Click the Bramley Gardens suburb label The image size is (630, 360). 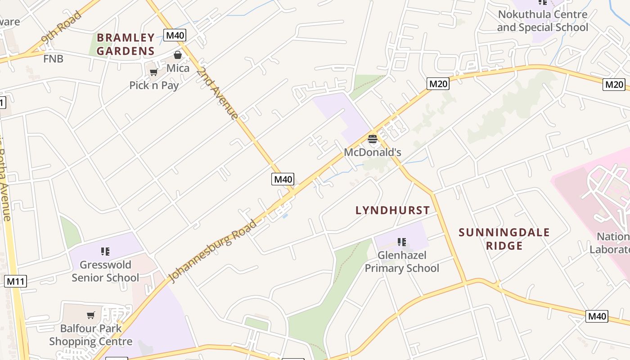coord(126,44)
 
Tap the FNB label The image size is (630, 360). coord(53,58)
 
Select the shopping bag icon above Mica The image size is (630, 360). coord(178,55)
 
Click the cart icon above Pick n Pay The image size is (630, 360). coord(153,72)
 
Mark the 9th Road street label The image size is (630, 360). coord(61,28)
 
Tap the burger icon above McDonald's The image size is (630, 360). coord(372,139)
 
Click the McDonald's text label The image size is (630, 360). coord(372,152)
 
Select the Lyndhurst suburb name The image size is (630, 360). coord(392,210)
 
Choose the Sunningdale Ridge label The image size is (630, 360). coord(504,239)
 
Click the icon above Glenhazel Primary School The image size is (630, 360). coord(402,242)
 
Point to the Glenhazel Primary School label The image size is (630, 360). coord(402,261)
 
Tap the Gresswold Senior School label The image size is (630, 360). coord(105,271)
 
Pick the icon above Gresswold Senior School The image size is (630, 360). coord(105,251)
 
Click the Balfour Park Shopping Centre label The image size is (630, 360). coord(91,335)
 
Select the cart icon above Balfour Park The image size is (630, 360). coord(91,315)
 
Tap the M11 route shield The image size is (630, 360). coord(16,282)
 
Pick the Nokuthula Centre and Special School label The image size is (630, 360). coord(542,21)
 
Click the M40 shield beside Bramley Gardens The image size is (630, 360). coord(175,35)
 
